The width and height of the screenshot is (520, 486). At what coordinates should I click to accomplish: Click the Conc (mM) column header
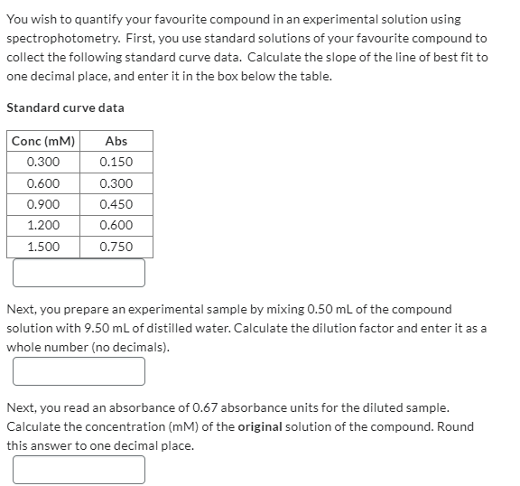click(43, 141)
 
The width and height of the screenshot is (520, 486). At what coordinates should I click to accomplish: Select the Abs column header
click(116, 141)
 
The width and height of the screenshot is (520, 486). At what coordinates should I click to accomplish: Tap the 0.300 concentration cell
click(43, 163)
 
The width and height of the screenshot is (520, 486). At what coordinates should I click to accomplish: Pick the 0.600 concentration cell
click(43, 183)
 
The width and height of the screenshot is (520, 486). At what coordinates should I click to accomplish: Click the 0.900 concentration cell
click(43, 204)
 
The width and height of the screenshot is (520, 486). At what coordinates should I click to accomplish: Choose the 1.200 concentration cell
click(43, 226)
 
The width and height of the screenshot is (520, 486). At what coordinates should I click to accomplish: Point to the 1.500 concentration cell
click(43, 247)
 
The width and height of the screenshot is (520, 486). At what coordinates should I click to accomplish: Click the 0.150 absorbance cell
click(116, 163)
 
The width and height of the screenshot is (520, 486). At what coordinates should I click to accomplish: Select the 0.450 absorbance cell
click(116, 204)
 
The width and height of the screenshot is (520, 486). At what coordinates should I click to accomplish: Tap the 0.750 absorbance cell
click(116, 247)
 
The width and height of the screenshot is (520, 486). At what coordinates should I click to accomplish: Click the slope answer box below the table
click(79, 273)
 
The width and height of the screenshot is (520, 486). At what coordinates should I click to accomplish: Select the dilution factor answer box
click(79, 371)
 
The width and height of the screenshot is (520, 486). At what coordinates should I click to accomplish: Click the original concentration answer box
click(79, 469)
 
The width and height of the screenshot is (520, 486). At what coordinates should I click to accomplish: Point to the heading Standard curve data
click(65, 107)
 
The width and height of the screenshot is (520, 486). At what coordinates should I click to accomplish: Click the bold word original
click(263, 426)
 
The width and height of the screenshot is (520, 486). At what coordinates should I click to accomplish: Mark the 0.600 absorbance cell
click(116, 226)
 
